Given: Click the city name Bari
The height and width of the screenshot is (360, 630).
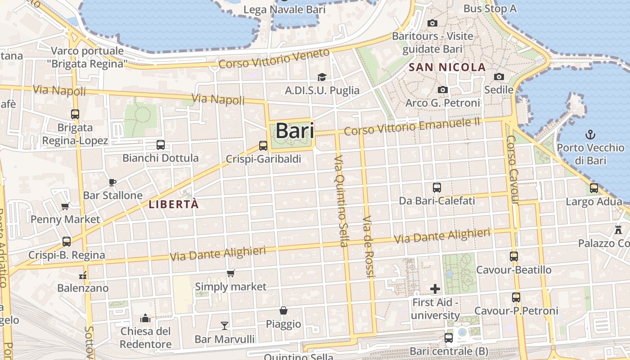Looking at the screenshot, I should coord(294,131).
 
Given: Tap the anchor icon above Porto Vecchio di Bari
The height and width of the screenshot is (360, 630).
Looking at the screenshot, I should coord(590,134).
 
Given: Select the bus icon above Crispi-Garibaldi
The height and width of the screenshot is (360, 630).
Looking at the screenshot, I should coord(263,145).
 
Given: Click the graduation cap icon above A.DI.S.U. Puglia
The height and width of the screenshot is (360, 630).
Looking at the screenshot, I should coord(322,77).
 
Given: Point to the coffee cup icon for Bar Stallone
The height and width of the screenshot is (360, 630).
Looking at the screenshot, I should coord(112,182).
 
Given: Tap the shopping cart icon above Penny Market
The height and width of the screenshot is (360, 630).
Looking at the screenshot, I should coord(65,207).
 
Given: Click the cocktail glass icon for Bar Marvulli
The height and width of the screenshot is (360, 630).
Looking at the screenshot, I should coord(224,325).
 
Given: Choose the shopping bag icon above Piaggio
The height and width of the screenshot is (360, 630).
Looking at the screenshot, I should coord(283,310).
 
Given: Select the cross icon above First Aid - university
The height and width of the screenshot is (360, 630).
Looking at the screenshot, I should coord(435,288).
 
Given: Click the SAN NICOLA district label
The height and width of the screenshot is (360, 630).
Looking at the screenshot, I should coord(447,68).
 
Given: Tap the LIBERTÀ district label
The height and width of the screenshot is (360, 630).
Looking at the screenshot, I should coord(174,204).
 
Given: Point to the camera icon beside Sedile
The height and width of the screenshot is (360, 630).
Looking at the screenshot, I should coord(499,77).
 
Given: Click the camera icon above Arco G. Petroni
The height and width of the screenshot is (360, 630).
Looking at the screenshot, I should coord(443,90).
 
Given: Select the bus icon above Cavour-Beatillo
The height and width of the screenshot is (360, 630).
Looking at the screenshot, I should coord(513,256).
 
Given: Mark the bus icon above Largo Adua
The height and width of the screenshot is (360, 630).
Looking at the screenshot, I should coord(594,188).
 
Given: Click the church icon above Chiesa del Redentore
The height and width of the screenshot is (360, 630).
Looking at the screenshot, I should coord(145,319).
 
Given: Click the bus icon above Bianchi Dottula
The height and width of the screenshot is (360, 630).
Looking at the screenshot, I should coord(161,145).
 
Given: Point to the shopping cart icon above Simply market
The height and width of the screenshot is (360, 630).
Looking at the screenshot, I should coord(231,273).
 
